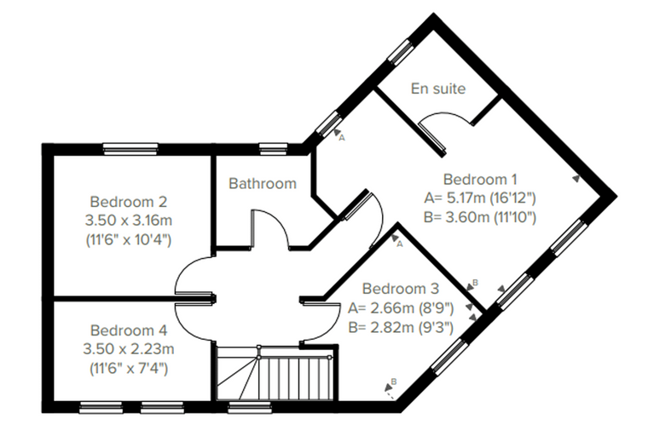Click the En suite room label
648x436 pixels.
[438, 89]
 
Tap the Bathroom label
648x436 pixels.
[263, 183]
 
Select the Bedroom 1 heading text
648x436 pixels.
[480, 179]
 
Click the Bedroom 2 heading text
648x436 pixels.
[128, 202]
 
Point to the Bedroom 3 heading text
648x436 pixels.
[401, 288]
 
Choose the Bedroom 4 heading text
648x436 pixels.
[129, 330]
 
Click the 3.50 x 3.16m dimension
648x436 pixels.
[128, 220]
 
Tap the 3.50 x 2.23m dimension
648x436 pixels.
[129, 349]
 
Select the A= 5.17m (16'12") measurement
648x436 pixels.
[480, 198]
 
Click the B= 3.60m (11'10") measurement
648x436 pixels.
[480, 217]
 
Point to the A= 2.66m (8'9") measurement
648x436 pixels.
[401, 308]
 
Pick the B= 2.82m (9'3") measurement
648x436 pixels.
[401, 327]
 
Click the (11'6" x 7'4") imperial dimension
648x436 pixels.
[129, 368]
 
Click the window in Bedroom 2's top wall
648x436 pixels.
[130, 149]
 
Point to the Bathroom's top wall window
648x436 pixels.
[273, 149]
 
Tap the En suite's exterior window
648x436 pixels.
[401, 53]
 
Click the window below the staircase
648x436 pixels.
[250, 408]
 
